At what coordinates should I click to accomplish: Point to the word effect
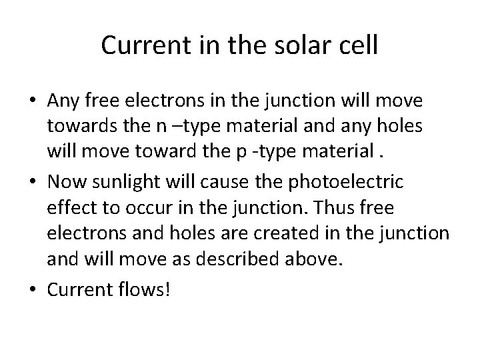[69, 208]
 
